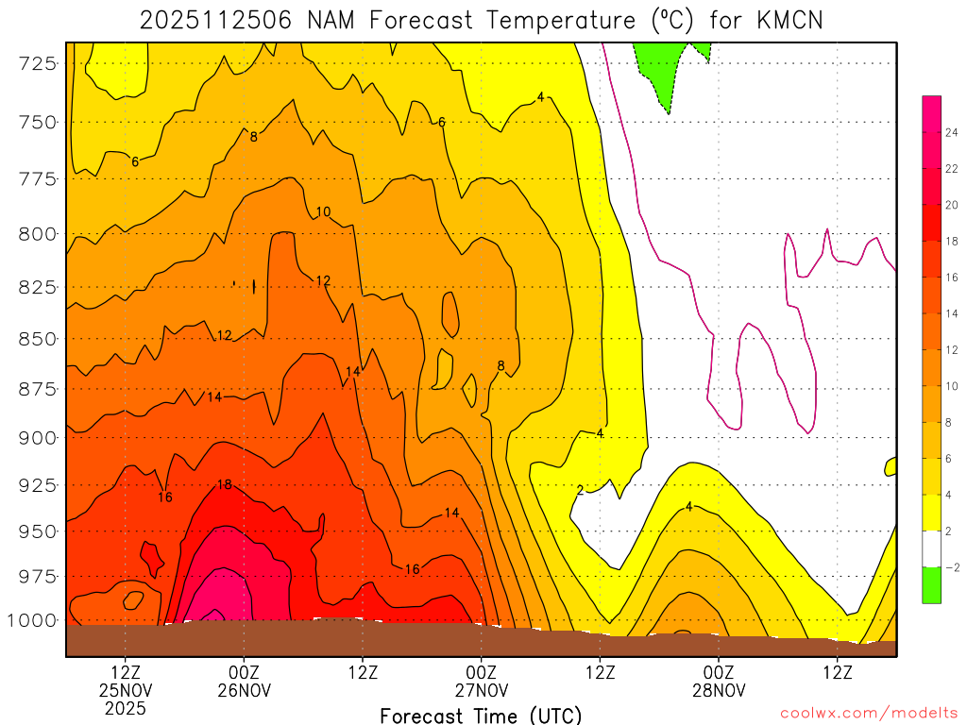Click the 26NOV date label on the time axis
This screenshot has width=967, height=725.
click(x=245, y=690)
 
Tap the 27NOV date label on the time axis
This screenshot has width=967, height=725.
click(x=482, y=690)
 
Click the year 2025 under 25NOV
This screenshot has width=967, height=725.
click(x=126, y=707)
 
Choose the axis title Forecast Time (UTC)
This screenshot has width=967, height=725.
click(x=481, y=715)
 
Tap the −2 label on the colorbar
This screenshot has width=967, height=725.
click(x=952, y=567)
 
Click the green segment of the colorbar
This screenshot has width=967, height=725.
click(x=931, y=585)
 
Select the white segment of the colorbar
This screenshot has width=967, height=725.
click(x=931, y=548)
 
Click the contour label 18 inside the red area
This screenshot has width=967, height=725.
click(x=225, y=485)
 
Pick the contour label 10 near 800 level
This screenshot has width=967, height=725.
click(x=323, y=212)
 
